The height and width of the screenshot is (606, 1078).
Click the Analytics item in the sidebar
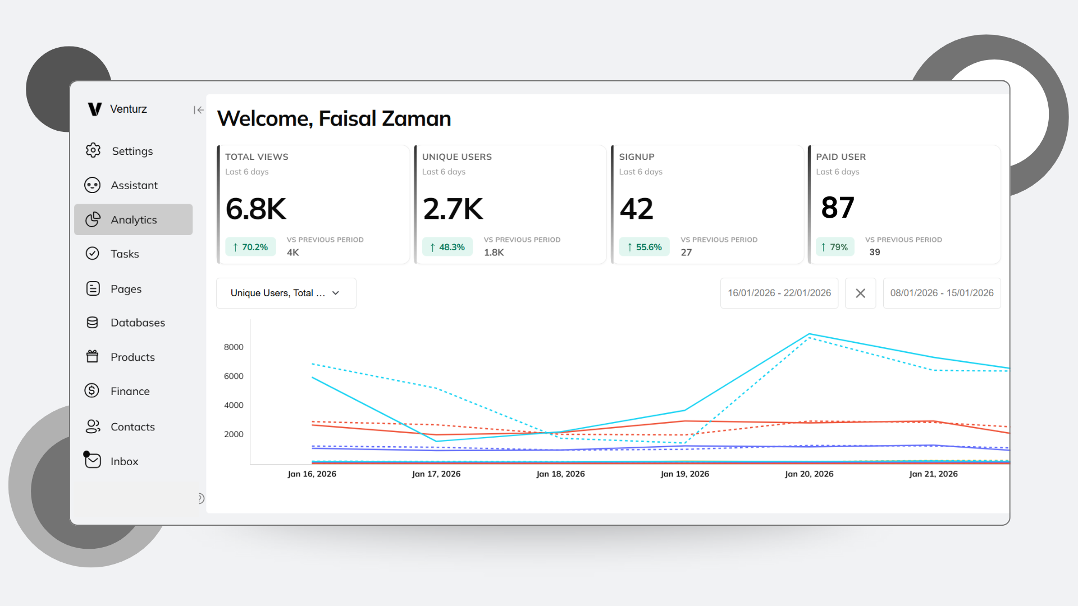133,220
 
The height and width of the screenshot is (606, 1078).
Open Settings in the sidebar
131,151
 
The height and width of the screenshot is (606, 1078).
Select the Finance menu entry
130,391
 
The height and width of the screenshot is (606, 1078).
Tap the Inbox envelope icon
93,461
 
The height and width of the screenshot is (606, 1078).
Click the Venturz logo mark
95,109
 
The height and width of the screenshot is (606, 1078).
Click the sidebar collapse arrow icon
198,110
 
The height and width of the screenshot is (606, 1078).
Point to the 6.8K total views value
256,209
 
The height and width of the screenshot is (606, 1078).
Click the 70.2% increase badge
250,247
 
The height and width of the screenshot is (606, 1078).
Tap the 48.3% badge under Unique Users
447,247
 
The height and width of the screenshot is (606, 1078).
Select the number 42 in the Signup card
636,209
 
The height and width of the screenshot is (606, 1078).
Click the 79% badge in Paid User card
834,247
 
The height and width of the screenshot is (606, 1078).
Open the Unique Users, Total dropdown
286,293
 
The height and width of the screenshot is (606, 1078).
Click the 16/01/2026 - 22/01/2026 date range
779,293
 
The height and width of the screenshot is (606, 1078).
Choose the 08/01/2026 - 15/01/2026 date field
942,293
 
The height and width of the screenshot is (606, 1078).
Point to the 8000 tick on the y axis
234,347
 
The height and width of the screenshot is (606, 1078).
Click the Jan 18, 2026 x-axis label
560,474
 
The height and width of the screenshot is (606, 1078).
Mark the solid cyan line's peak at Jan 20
809,334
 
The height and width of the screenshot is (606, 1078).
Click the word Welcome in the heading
264,119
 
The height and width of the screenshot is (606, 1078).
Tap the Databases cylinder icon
93,323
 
